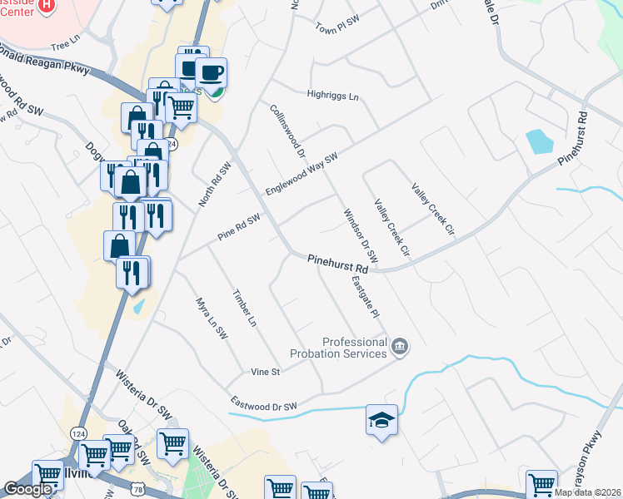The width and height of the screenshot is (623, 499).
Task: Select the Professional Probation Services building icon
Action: click(x=399, y=346)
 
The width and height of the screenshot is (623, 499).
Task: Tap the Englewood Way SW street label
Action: click(x=302, y=174)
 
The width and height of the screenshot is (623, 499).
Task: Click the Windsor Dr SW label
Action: click(x=361, y=236)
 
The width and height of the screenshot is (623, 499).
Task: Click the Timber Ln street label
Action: click(x=244, y=308)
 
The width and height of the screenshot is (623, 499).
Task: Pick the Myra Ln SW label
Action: click(x=212, y=318)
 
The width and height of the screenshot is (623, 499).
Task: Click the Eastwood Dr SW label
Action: click(x=263, y=407)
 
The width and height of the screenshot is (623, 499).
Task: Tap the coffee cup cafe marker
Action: click(x=211, y=72)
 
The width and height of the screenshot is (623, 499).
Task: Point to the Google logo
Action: click(x=27, y=489)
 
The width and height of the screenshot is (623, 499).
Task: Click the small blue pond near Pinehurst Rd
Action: click(x=540, y=142)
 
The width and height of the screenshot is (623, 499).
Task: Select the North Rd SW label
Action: click(x=213, y=185)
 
